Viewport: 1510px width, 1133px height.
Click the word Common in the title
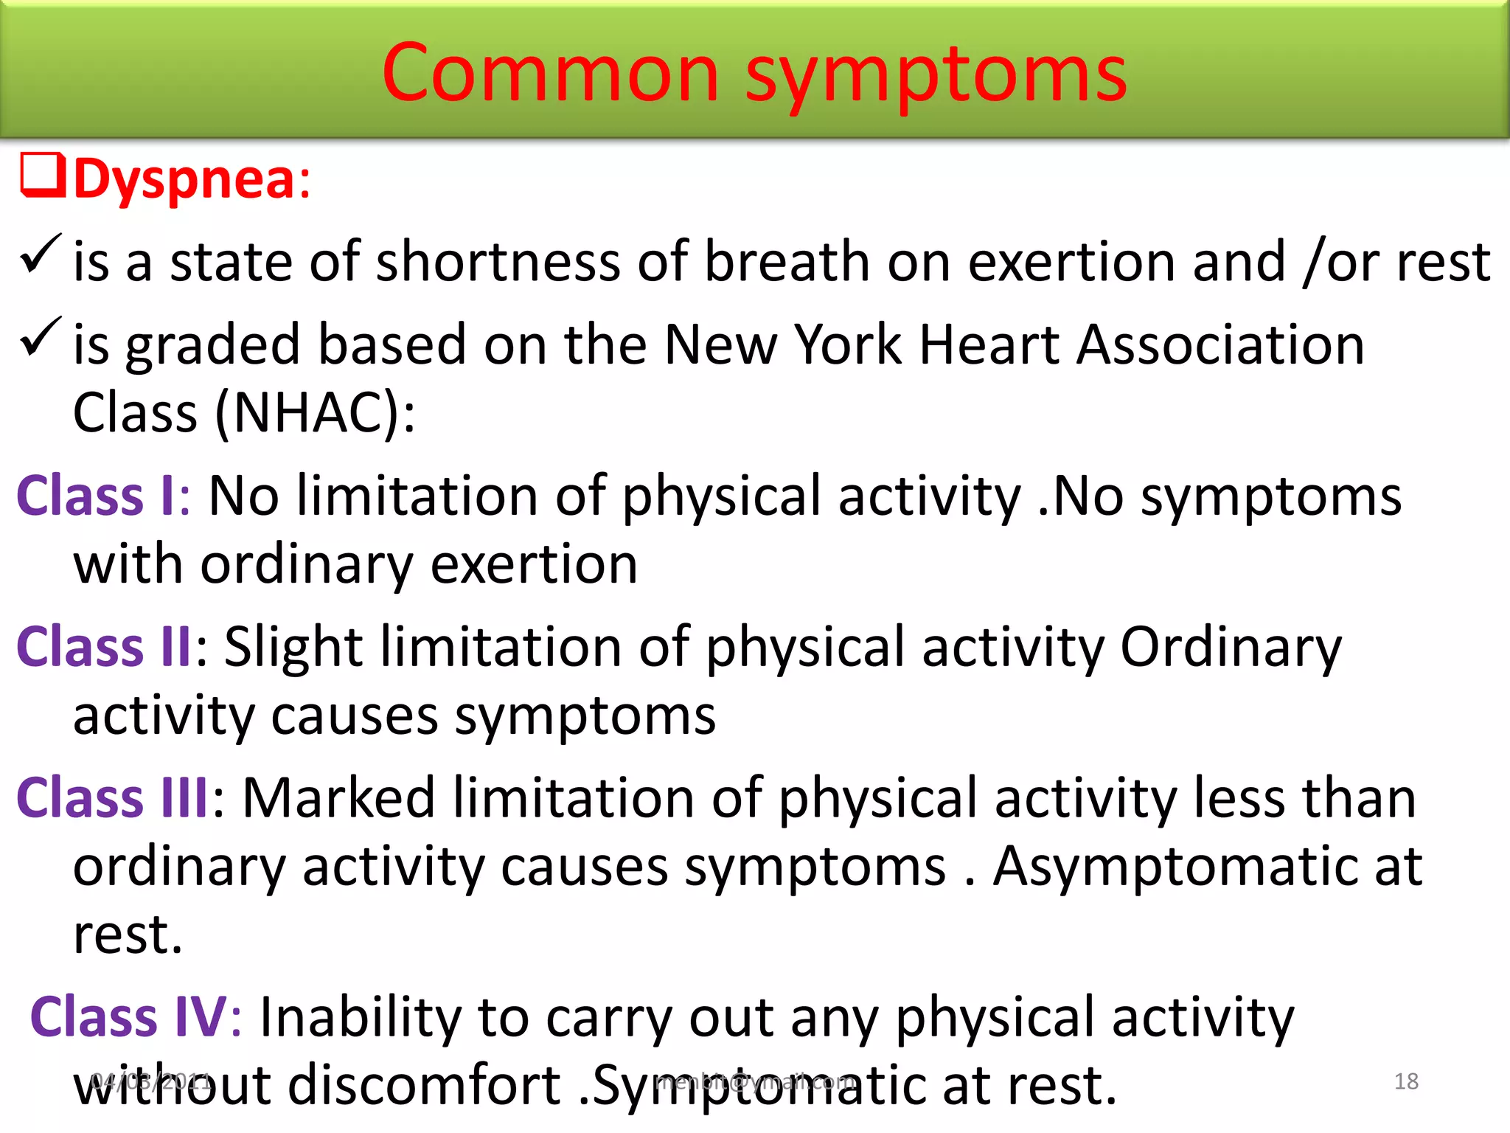[x=550, y=73]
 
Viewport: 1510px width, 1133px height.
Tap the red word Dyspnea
[x=184, y=179]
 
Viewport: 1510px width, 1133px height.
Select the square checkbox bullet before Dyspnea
[x=43, y=175]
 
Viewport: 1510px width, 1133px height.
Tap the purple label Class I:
[x=103, y=496]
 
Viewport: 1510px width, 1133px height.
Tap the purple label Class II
[x=103, y=647]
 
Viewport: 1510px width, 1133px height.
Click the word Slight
[x=293, y=648]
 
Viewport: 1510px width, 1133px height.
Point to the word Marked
[x=338, y=798]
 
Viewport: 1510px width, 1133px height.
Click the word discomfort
[x=424, y=1085]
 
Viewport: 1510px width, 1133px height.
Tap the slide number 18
[x=1406, y=1081]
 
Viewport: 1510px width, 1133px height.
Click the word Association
[x=1220, y=344]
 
